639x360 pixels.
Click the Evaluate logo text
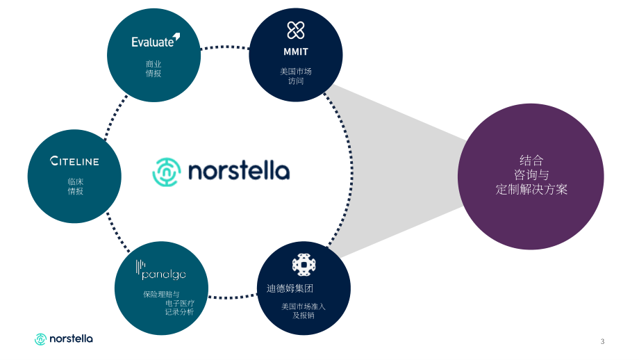point(153,42)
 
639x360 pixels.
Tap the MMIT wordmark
point(296,52)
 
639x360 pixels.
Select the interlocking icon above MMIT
point(296,30)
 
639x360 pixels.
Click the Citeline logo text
point(74,161)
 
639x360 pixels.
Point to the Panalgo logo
point(161,270)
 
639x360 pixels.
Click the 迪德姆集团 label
point(290,288)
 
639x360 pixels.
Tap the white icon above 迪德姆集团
point(304,265)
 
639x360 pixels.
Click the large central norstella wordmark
point(239,171)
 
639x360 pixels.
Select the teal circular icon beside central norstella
point(167,172)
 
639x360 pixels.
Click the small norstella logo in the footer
point(64,338)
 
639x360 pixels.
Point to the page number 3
point(602,341)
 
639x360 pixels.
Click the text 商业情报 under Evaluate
point(153,69)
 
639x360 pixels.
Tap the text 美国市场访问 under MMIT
point(296,76)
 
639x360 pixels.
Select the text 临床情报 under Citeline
point(76,186)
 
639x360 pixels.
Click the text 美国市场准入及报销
point(304,311)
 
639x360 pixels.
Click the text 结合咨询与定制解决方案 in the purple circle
point(531,174)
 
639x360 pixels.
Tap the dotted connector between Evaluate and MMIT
point(224,47)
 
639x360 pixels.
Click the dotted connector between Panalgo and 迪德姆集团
point(233,297)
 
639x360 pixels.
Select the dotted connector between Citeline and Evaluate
point(115,117)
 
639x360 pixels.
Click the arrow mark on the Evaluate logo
point(176,37)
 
